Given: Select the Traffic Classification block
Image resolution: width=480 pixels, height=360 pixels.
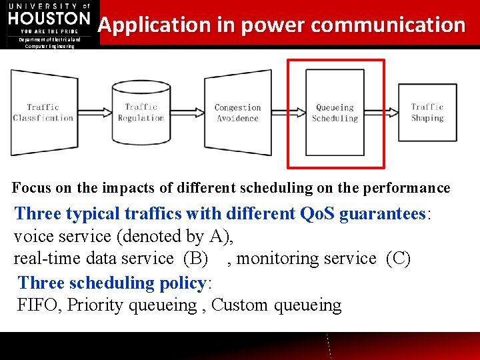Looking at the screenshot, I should tap(43, 112).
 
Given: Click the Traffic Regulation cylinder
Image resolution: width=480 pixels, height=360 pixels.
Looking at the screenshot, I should tap(141, 112).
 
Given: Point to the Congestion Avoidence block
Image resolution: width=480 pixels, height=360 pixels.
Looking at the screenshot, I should tap(237, 112).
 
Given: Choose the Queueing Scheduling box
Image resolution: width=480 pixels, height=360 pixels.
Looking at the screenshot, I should tap(335, 112).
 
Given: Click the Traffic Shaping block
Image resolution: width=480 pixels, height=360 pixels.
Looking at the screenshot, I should tap(427, 112).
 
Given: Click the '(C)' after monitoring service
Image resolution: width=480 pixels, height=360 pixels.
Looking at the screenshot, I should tap(398, 259).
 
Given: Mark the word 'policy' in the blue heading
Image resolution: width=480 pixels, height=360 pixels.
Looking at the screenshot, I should tap(183, 283).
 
